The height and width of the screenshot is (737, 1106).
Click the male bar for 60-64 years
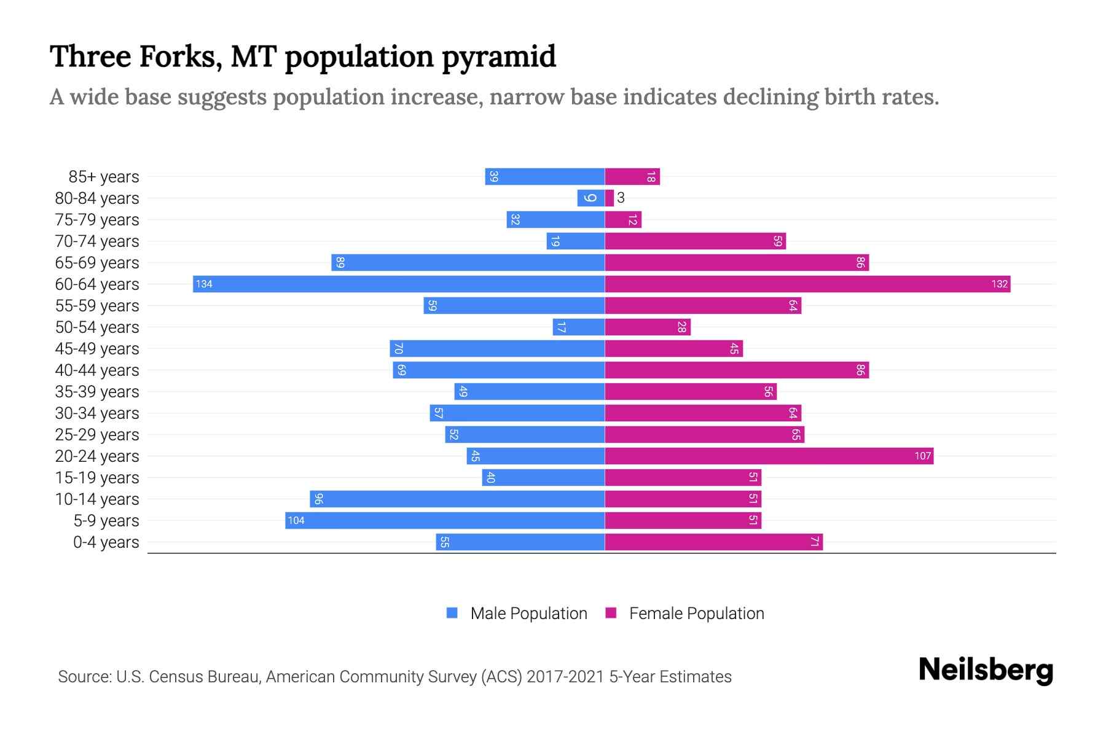pos(399,284)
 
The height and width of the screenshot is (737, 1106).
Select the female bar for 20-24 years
pos(768,456)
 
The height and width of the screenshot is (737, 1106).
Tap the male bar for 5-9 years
pos(445,520)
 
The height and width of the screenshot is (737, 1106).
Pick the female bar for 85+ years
pos(632,177)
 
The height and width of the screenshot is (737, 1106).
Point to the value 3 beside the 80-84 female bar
pos(621,198)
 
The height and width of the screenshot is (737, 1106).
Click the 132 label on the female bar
pos(999,284)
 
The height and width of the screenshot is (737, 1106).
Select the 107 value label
pos(922,456)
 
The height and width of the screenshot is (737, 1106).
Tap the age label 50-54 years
pos(97,327)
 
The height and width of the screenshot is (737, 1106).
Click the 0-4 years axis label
pos(106,542)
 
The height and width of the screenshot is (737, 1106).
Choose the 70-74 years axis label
pos(97,241)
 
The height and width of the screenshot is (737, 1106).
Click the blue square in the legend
pos(452,613)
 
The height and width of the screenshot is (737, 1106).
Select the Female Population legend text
pos(696,613)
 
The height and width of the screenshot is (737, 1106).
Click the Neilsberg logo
pos(986,670)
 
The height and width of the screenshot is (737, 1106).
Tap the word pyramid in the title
pos(498,57)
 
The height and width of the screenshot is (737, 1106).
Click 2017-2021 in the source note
pos(565,677)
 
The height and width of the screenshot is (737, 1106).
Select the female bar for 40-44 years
pos(737,370)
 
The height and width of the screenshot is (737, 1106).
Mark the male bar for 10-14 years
pos(457,499)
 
